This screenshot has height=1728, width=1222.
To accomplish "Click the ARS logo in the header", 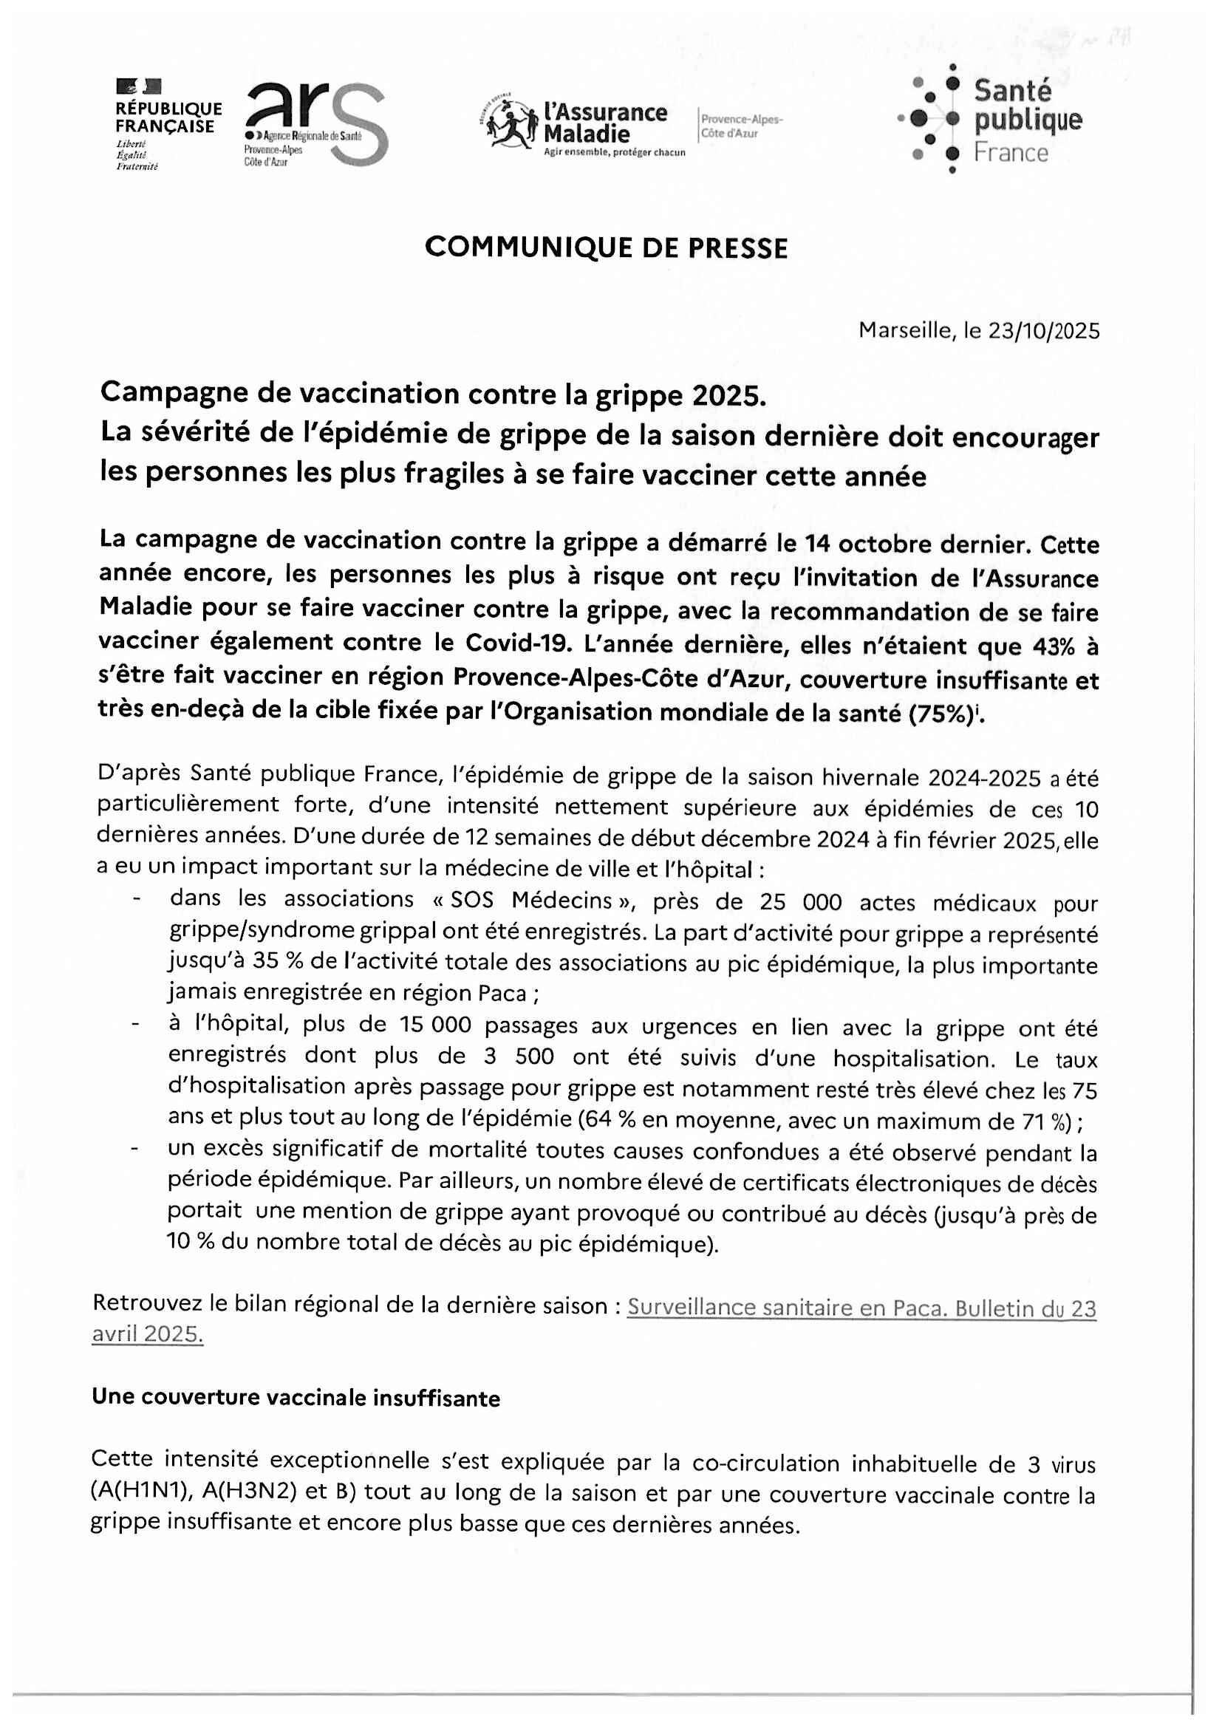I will pos(316,124).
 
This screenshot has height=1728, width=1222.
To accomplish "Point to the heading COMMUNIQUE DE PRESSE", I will pos(606,247).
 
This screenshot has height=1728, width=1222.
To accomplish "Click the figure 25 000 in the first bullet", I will pos(800,902).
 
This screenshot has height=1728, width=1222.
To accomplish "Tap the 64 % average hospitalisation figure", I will pos(609,1121).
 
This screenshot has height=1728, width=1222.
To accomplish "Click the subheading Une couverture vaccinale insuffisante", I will pos(296,1398).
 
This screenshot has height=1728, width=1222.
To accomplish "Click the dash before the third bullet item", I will pos(134,1150).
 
